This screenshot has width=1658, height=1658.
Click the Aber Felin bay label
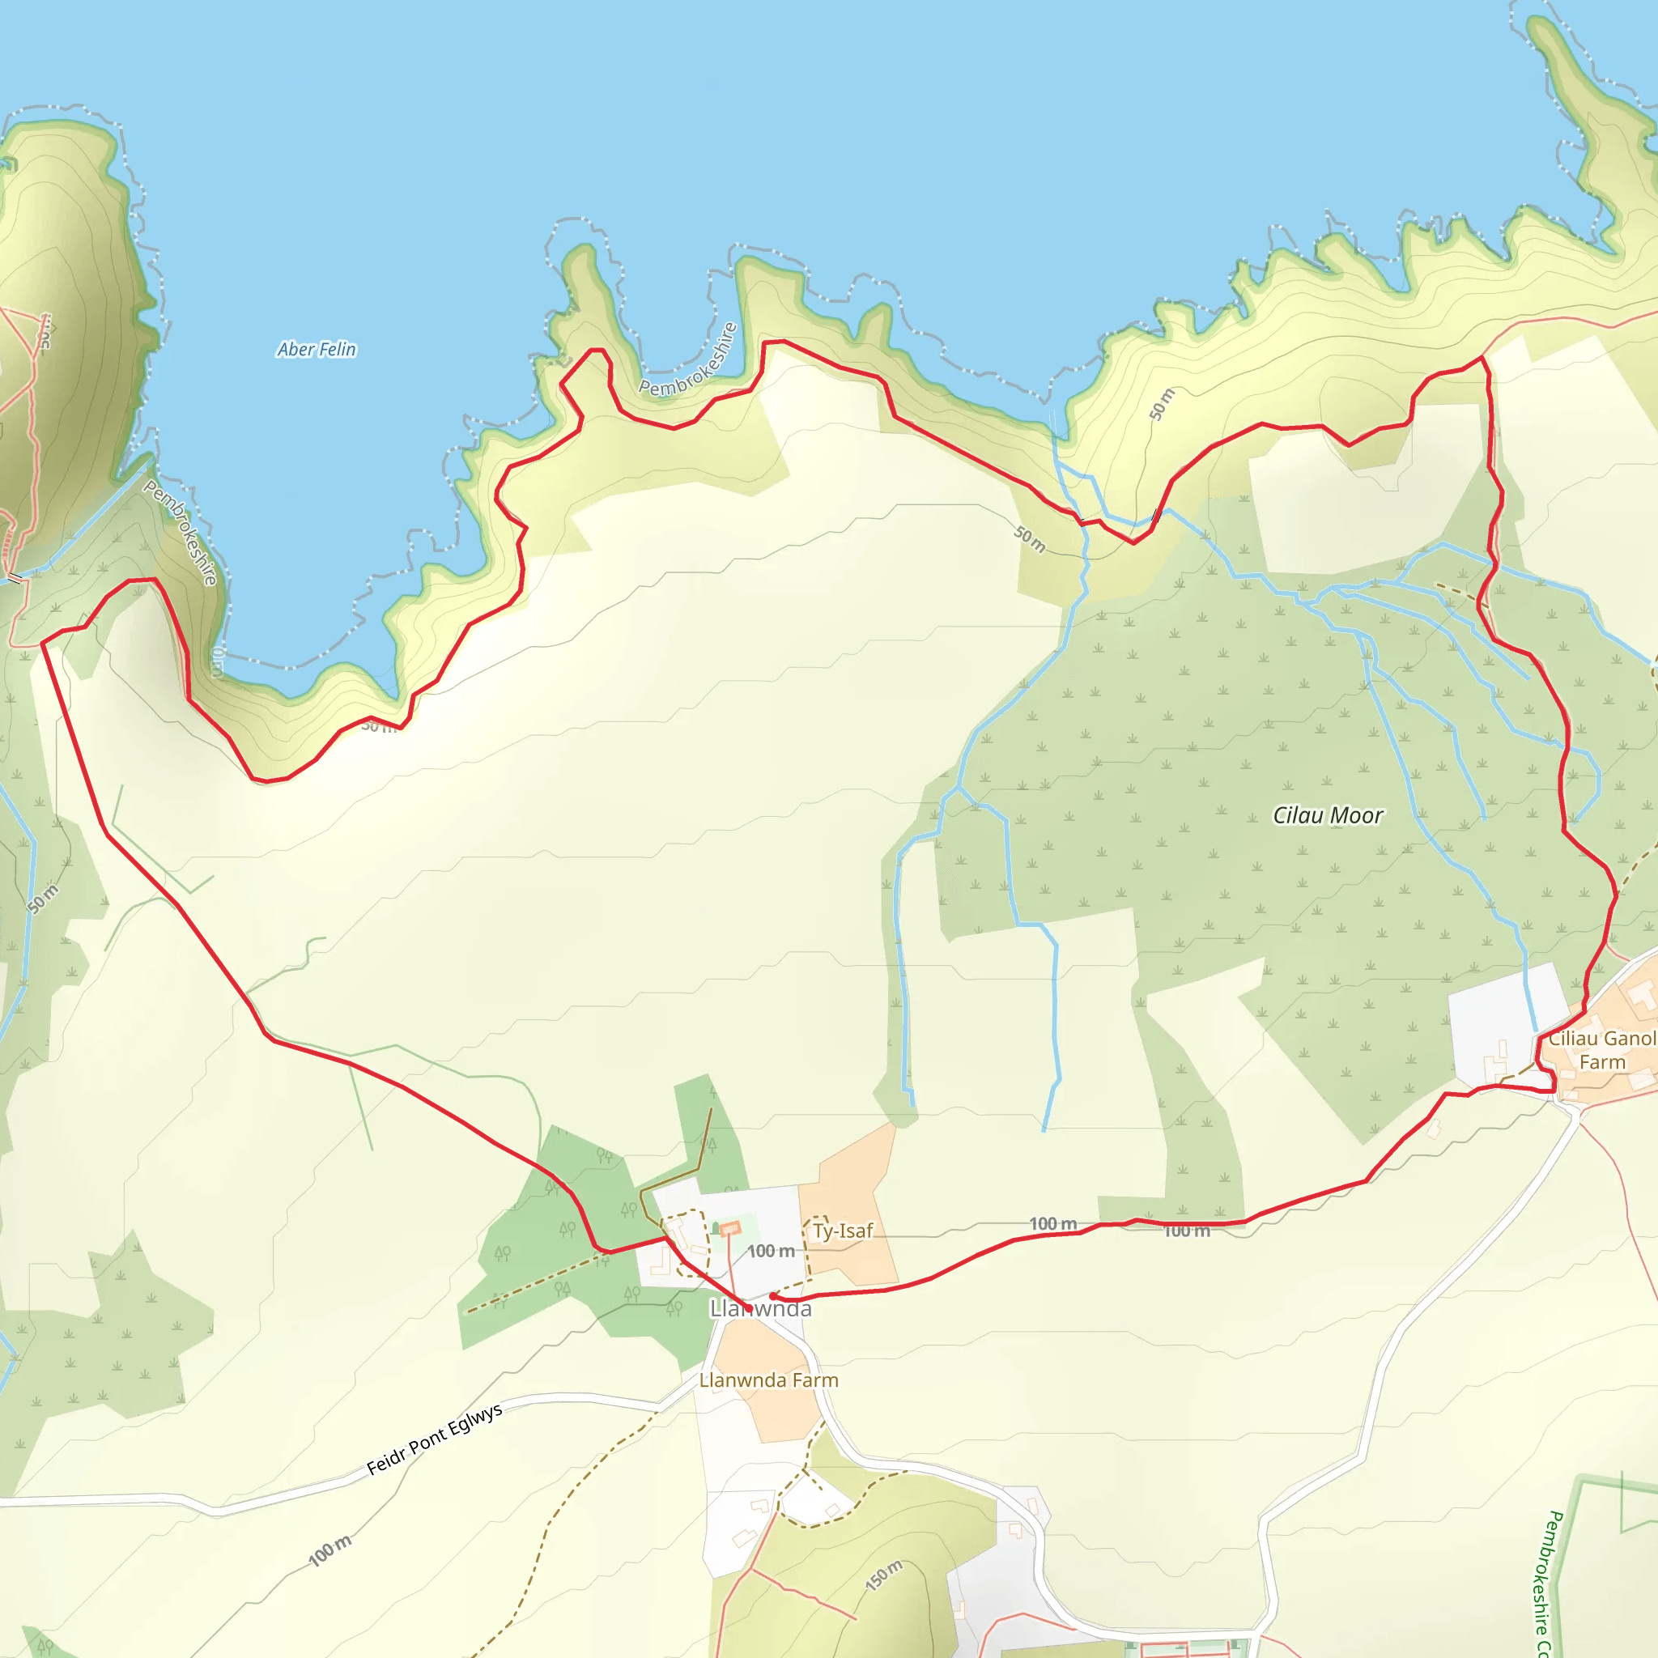[316, 349]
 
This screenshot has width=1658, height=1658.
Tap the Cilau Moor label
[1327, 815]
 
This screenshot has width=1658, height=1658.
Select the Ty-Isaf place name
[842, 1231]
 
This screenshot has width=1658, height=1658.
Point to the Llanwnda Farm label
[768, 1380]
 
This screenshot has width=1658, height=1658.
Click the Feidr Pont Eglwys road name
[434, 1439]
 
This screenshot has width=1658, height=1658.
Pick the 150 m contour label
[884, 1575]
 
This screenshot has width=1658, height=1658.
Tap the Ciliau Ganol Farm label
[1601, 1049]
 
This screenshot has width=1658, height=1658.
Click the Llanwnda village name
[760, 1309]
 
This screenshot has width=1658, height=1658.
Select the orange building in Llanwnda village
[729, 1229]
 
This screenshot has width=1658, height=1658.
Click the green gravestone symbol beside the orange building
[716, 1229]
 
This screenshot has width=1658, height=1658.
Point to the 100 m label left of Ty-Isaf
[770, 1252]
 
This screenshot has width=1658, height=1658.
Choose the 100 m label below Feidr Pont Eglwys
[329, 1550]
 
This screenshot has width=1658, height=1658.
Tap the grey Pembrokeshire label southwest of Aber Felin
[181, 532]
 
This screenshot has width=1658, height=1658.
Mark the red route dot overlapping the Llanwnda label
[748, 1309]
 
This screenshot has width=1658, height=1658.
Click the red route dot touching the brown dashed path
[772, 1296]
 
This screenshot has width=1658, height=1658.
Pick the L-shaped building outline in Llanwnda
[660, 1261]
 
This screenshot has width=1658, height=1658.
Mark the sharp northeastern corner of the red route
[1483, 357]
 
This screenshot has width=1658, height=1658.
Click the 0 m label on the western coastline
[217, 662]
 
